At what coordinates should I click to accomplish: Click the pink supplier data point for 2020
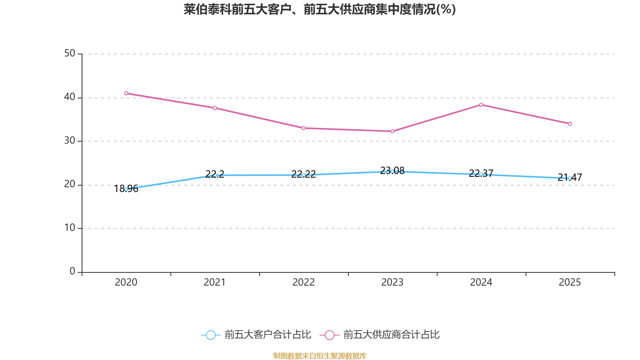coord(126,93)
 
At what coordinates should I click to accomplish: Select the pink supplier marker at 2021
coord(215,108)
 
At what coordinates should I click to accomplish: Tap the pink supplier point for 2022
coord(304,128)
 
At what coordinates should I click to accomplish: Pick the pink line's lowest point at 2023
coord(392,131)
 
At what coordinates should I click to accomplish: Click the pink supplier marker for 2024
coord(481,105)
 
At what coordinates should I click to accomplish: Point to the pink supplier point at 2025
coord(570,124)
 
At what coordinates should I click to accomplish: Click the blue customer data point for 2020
coord(126,189)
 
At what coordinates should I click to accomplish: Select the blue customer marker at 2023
coord(392,171)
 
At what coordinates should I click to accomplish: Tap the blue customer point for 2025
coord(570,178)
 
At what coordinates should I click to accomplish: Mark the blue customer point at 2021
coord(215,175)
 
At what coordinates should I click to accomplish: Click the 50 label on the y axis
coord(70,53)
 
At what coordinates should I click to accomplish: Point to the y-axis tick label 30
coord(70,140)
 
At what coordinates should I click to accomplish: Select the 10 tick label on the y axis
coord(70,228)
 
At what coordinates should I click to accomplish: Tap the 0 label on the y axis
coord(72,271)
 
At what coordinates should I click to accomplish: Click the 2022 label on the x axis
coord(304,282)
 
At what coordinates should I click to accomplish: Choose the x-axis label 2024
coord(481,282)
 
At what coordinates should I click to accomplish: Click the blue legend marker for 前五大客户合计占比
coord(211,335)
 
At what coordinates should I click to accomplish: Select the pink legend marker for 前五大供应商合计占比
coord(330,335)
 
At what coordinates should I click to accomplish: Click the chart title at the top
coord(320,9)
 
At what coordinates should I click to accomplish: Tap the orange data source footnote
coord(320,356)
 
